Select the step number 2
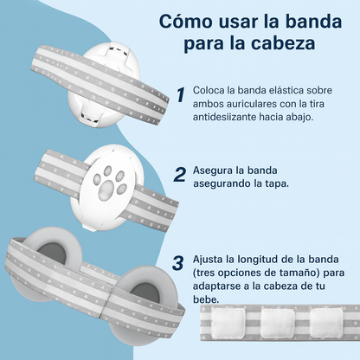tap(179, 173)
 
